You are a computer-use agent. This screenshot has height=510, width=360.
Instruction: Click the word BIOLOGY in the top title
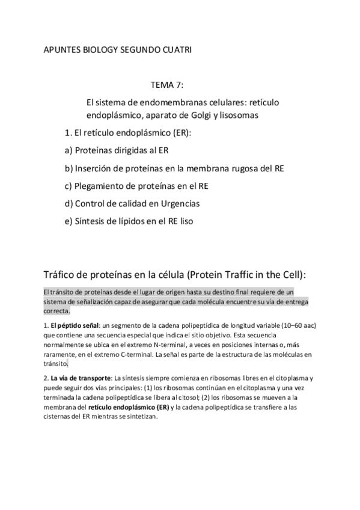point(100,51)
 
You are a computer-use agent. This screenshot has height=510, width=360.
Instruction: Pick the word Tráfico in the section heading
point(62,274)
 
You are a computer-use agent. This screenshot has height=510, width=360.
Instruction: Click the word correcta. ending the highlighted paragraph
point(56,312)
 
